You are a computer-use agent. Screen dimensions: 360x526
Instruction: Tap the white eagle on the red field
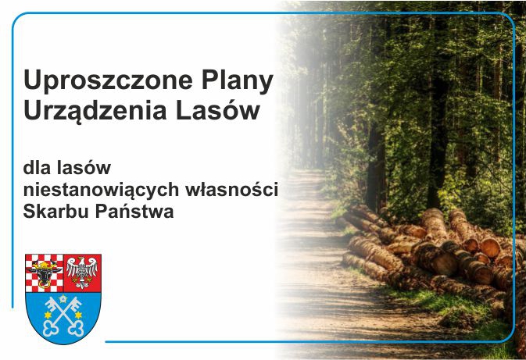82,272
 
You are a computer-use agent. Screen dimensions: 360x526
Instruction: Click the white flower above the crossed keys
63,298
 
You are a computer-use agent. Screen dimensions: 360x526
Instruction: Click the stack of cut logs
438,250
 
